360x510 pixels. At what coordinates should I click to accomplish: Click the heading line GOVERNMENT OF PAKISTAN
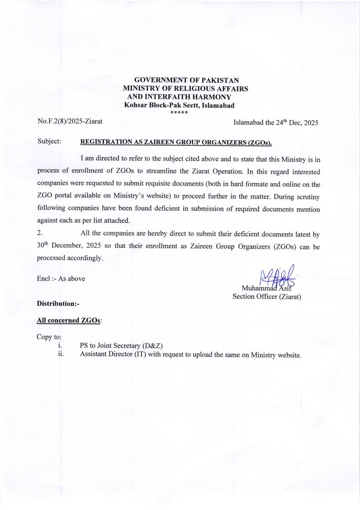point(186,80)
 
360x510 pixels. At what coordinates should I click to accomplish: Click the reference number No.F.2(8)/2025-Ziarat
point(70,122)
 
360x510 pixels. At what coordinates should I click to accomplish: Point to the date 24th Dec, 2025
point(297,122)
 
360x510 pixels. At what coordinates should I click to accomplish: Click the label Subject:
point(49,141)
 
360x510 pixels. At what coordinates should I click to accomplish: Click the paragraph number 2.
point(40,234)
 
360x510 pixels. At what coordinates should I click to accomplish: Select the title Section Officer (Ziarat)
point(266,297)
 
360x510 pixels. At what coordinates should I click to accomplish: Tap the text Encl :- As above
point(61,278)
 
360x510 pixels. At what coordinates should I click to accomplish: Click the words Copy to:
point(49,337)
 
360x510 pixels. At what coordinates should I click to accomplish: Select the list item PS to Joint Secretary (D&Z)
point(121,346)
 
